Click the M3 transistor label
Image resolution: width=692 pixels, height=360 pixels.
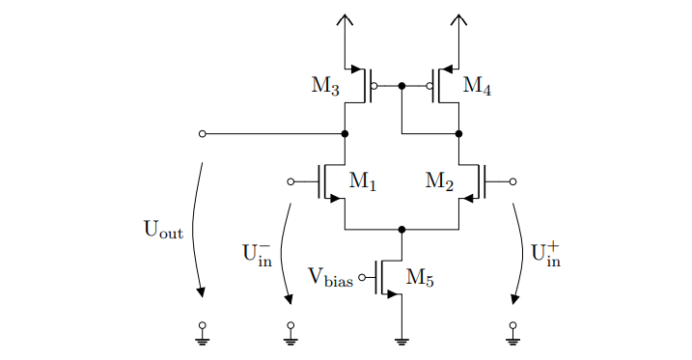pyautogui.click(x=325, y=86)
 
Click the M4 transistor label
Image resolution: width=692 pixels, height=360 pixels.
pyautogui.click(x=477, y=86)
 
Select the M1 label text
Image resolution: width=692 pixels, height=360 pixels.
pyautogui.click(x=362, y=180)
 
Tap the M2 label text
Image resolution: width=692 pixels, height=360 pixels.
pyautogui.click(x=440, y=180)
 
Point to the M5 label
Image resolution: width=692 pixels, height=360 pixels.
pyautogui.click(x=420, y=278)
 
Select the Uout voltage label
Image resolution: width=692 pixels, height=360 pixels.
pyautogui.click(x=163, y=230)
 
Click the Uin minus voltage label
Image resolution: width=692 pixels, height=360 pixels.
pyautogui.click(x=257, y=254)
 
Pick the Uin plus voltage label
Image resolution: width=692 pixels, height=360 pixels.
pyautogui.click(x=546, y=253)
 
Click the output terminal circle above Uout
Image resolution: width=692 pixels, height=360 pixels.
pyautogui.click(x=202, y=134)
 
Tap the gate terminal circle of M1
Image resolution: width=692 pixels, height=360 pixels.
pyautogui.click(x=291, y=181)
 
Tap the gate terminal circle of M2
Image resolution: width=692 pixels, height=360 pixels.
pyautogui.click(x=512, y=181)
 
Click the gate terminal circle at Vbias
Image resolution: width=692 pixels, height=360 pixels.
pyautogui.click(x=362, y=278)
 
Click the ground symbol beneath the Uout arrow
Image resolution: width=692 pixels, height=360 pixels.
pyautogui.click(x=202, y=338)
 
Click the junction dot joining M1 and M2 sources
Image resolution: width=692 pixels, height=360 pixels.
pyautogui.click(x=401, y=230)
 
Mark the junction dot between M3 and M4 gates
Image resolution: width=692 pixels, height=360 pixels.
pyautogui.click(x=401, y=86)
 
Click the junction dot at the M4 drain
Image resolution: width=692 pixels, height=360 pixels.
pyautogui.click(x=458, y=134)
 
